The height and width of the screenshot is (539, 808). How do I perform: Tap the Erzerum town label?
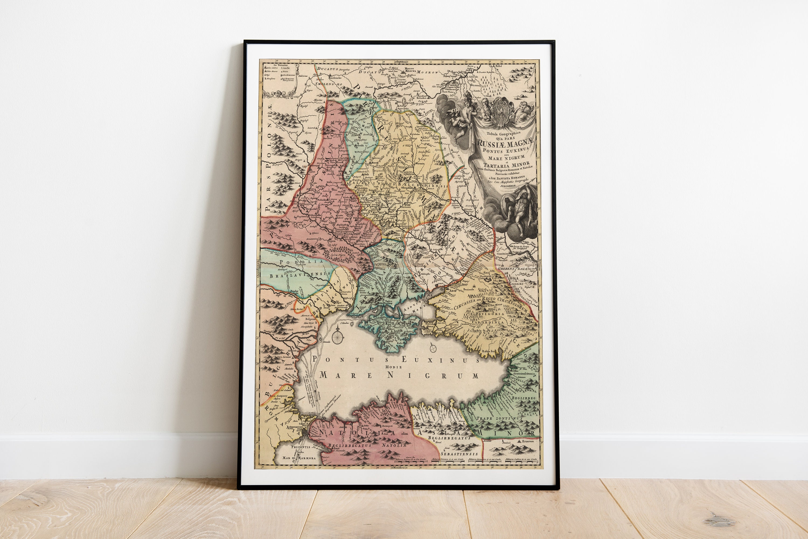click(x=529, y=441)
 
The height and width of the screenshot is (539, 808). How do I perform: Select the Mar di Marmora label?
click(x=298, y=458)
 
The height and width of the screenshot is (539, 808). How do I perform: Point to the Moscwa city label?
click(x=410, y=72)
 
